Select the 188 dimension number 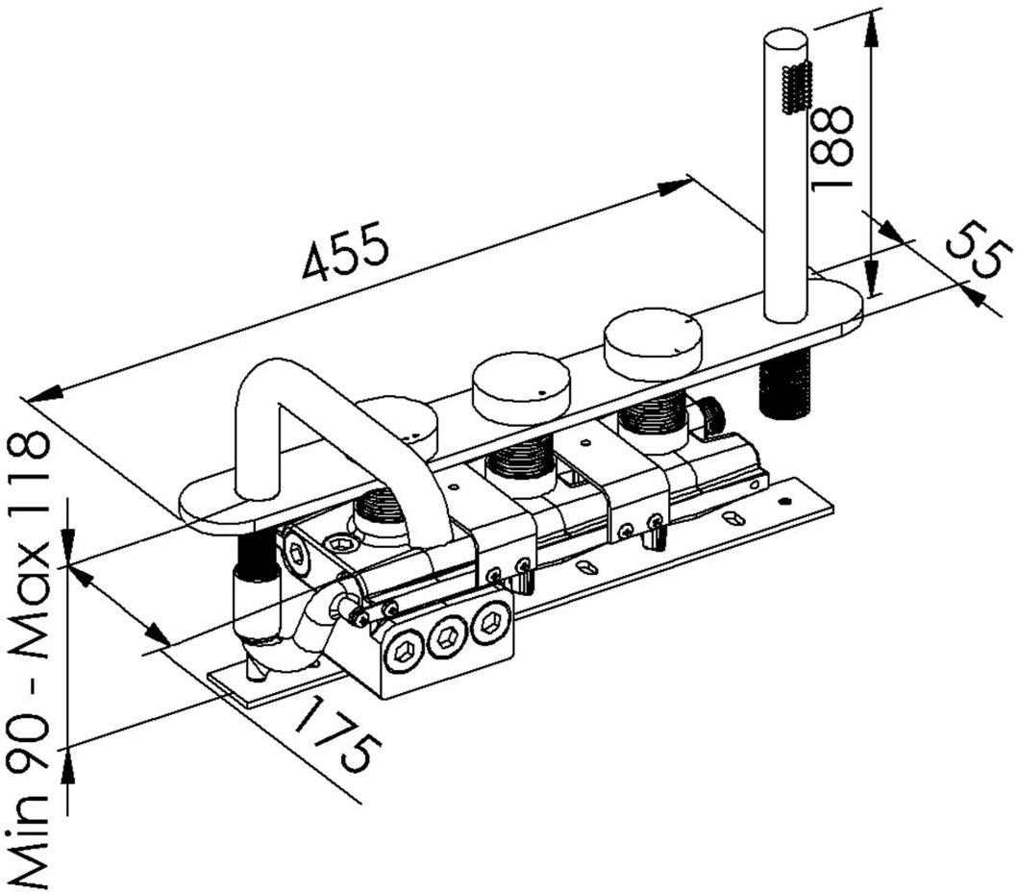[x=832, y=146]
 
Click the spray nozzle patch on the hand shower [x=798, y=87]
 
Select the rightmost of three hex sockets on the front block [x=490, y=625]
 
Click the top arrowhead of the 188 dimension [x=871, y=23]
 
